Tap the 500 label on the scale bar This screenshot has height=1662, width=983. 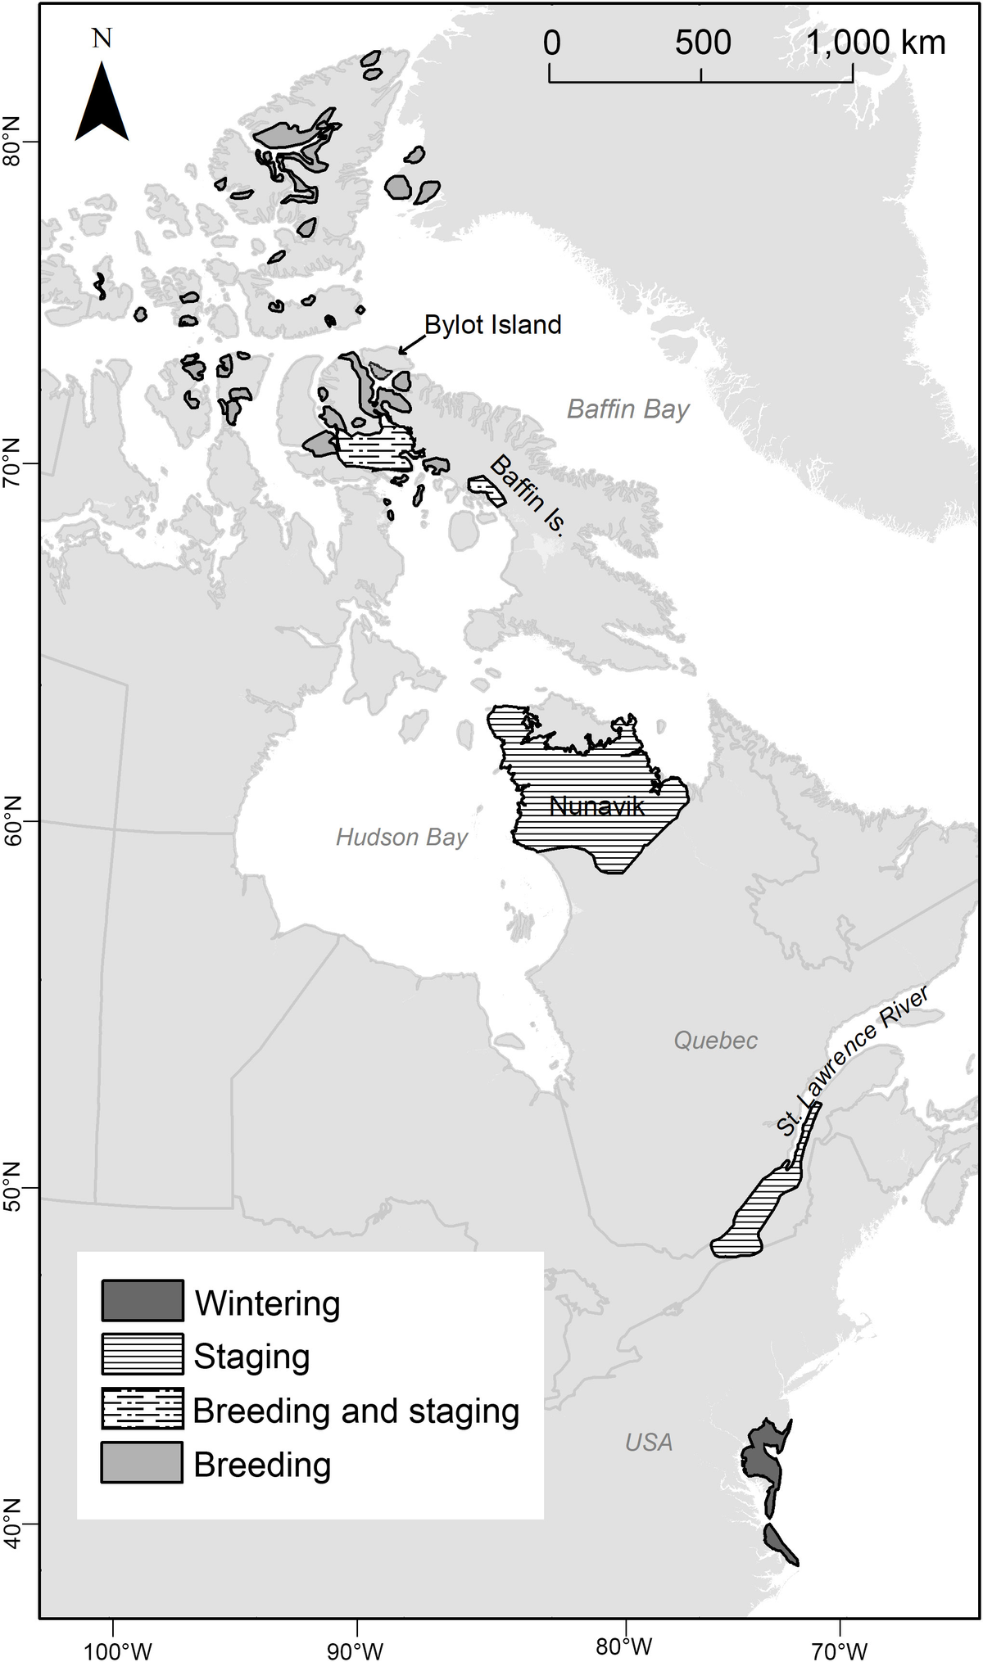point(703,43)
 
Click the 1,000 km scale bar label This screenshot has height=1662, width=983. point(877,43)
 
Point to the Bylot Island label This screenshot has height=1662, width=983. point(492,325)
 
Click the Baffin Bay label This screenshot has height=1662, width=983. point(628,409)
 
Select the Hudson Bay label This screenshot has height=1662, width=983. point(401,837)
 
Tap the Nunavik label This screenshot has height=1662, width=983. point(596,806)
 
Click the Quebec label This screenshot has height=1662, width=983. point(715,1041)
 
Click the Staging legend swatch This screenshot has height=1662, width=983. point(143,1354)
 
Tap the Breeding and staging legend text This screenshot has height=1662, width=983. point(356,1411)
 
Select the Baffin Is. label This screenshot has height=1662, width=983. point(528,496)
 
